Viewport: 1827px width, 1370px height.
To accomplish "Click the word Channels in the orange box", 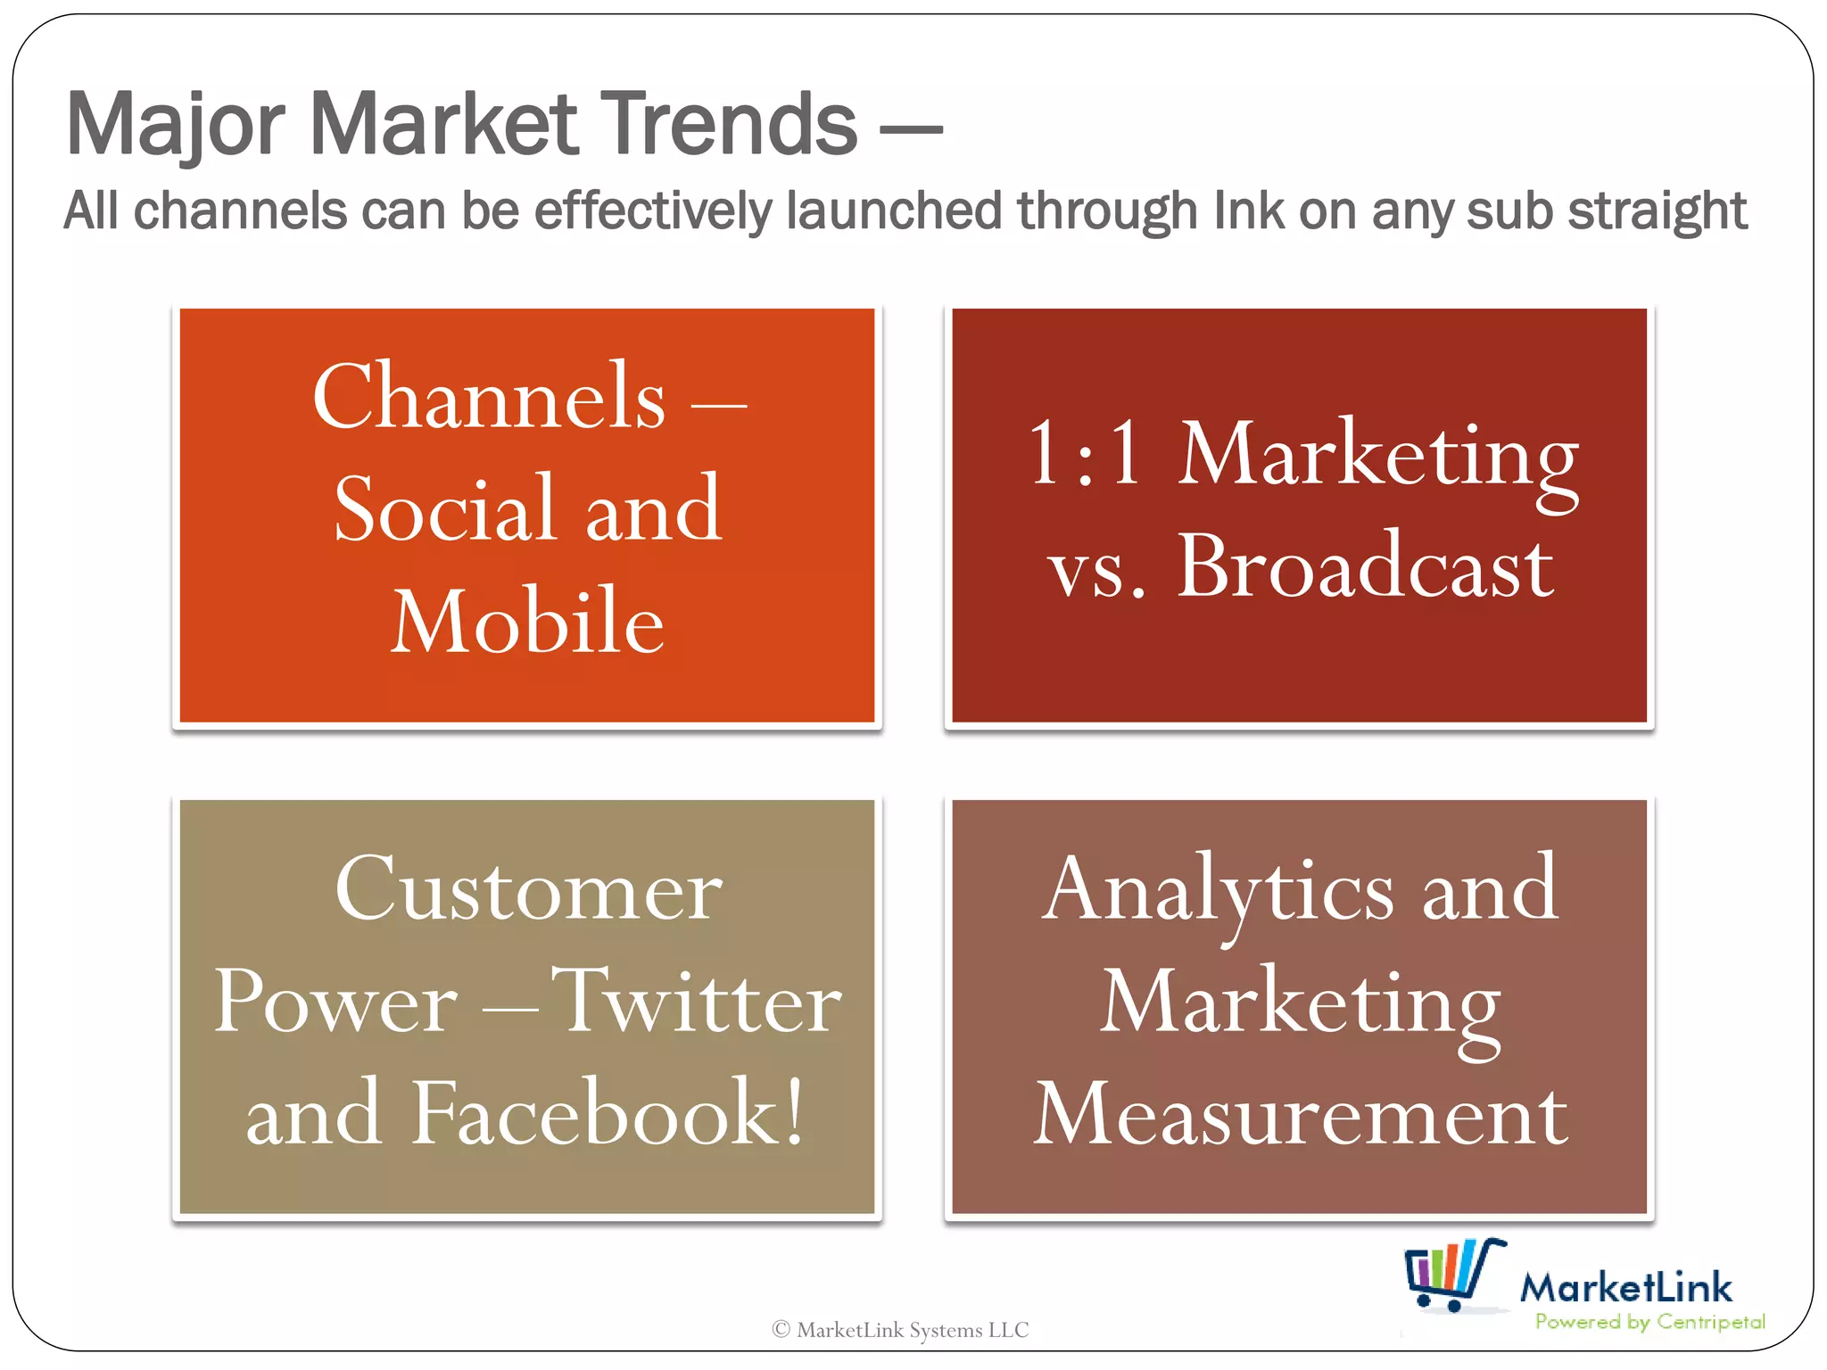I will point(489,398).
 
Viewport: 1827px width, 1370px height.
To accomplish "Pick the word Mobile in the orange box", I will point(527,622).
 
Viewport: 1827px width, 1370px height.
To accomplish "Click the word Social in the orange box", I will point(445,509).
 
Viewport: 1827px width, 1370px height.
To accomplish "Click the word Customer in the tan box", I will point(528,890).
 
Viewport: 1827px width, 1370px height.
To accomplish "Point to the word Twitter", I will point(697,1003).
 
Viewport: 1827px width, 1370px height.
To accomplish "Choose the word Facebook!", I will point(607,1113).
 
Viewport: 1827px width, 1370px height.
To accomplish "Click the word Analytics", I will point(1218,890).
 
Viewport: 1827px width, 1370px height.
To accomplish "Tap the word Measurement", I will point(1300,1115).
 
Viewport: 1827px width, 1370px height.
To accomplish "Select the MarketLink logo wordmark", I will point(1625,1287).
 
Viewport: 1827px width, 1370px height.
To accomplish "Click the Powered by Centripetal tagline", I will point(1649,1322).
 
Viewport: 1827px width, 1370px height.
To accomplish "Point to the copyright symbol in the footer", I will point(781,1330).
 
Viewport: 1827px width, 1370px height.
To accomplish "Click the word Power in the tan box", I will point(335,1003).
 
